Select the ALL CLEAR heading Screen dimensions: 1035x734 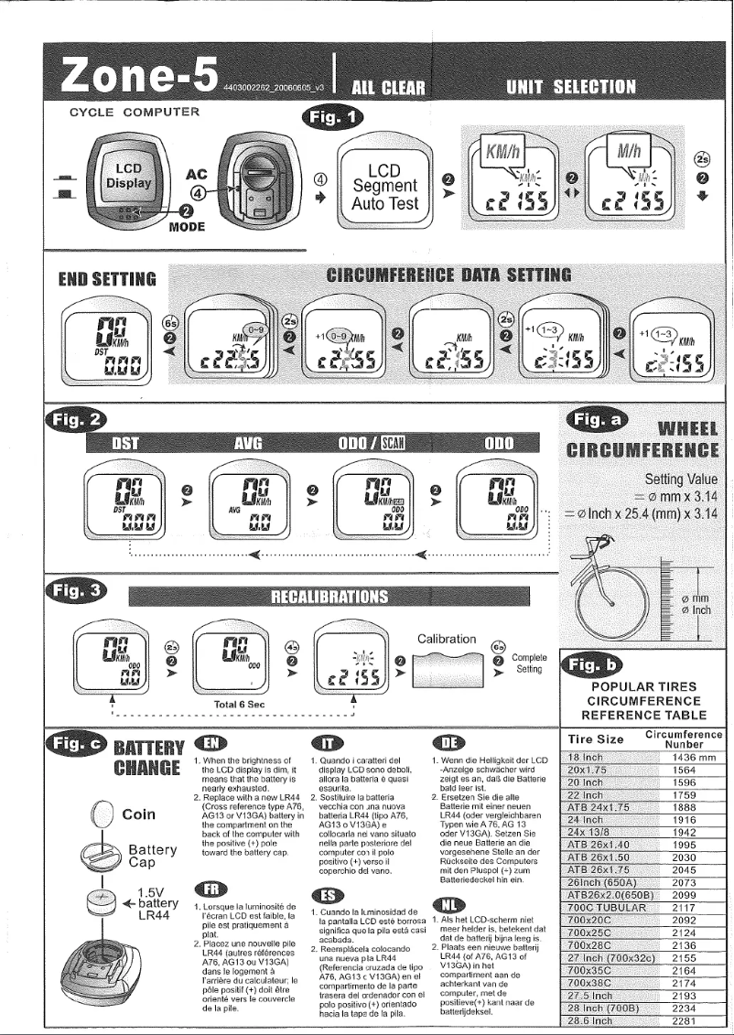point(390,88)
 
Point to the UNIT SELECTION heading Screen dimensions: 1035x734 point(571,87)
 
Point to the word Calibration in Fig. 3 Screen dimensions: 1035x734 point(447,638)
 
